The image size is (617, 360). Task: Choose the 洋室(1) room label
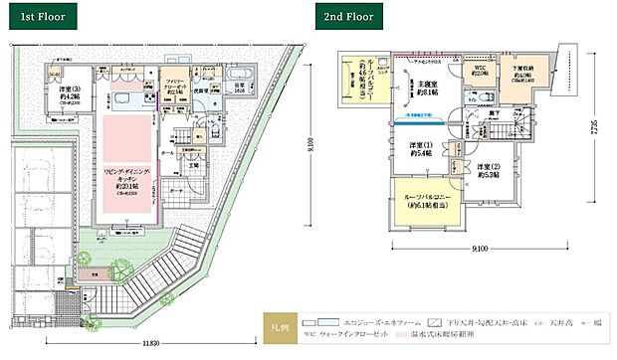tap(421, 152)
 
